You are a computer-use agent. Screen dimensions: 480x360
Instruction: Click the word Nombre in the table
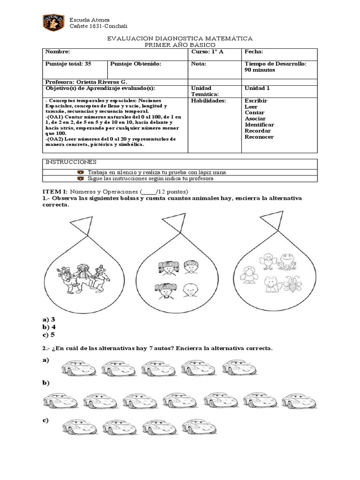[57, 52]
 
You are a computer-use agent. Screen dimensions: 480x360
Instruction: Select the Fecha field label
[254, 52]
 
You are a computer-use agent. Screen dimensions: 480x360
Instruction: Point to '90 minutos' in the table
[260, 70]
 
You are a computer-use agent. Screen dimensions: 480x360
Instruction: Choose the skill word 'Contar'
[255, 112]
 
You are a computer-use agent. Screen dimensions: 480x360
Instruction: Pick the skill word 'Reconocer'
[259, 137]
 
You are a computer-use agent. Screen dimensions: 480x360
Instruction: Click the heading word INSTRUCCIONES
[64, 162]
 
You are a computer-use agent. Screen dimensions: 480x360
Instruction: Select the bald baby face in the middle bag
[189, 291]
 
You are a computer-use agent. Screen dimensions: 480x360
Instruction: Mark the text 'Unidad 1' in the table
[257, 88]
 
